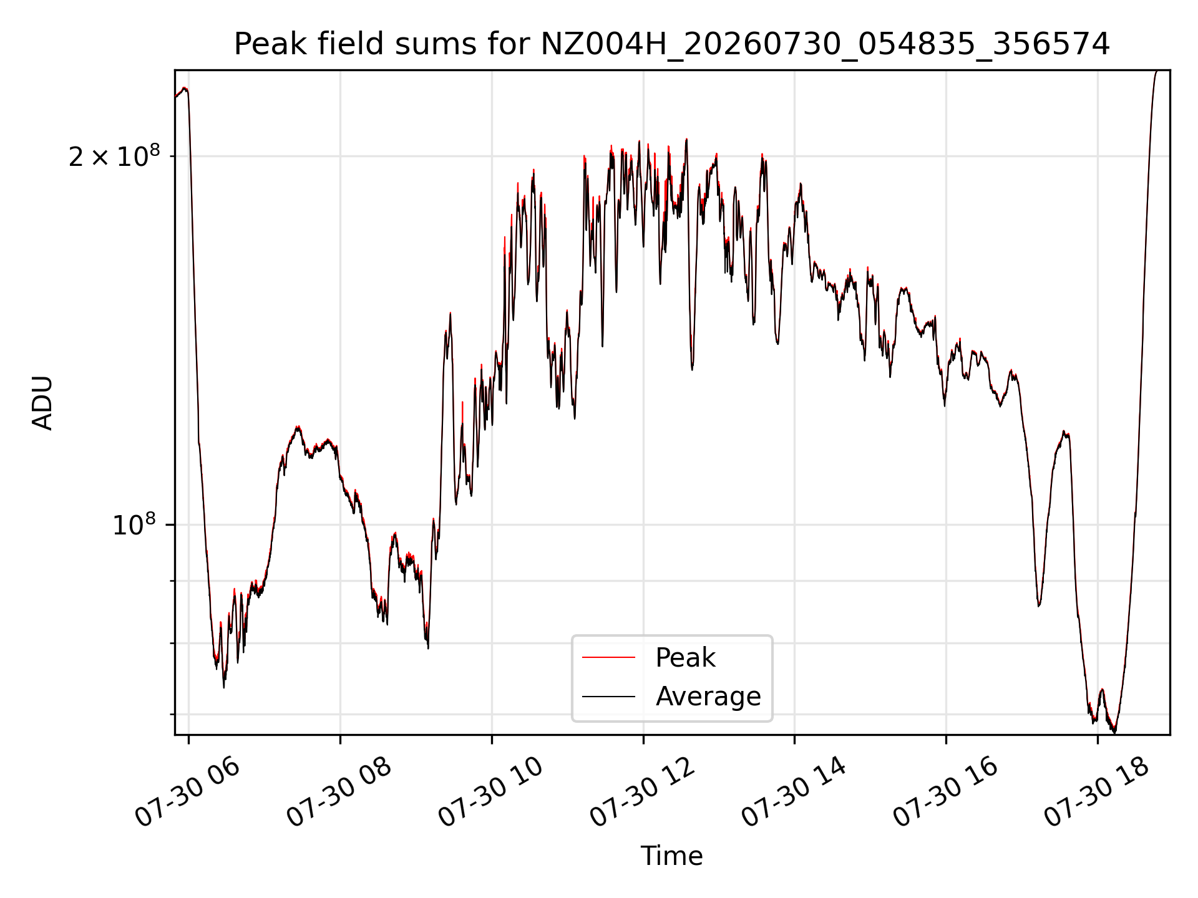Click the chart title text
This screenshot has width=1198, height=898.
point(672,44)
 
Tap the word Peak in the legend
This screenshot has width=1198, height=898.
point(685,658)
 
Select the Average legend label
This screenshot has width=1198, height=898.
point(708,697)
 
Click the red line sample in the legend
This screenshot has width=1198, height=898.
point(608,657)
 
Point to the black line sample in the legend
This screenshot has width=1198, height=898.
point(608,696)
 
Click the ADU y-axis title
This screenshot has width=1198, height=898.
point(42,402)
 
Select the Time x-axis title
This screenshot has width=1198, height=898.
point(671,856)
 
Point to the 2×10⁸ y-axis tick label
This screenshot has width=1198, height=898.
point(114,156)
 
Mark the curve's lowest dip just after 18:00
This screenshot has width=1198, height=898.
point(1114,732)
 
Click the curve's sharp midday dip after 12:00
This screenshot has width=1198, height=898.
point(692,369)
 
